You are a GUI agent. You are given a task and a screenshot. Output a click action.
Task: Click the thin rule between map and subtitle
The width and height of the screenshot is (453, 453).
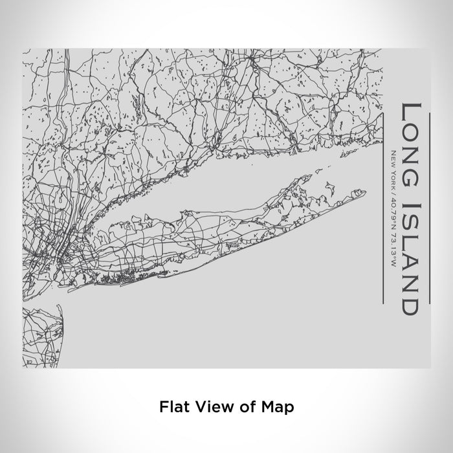tap(384, 207)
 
